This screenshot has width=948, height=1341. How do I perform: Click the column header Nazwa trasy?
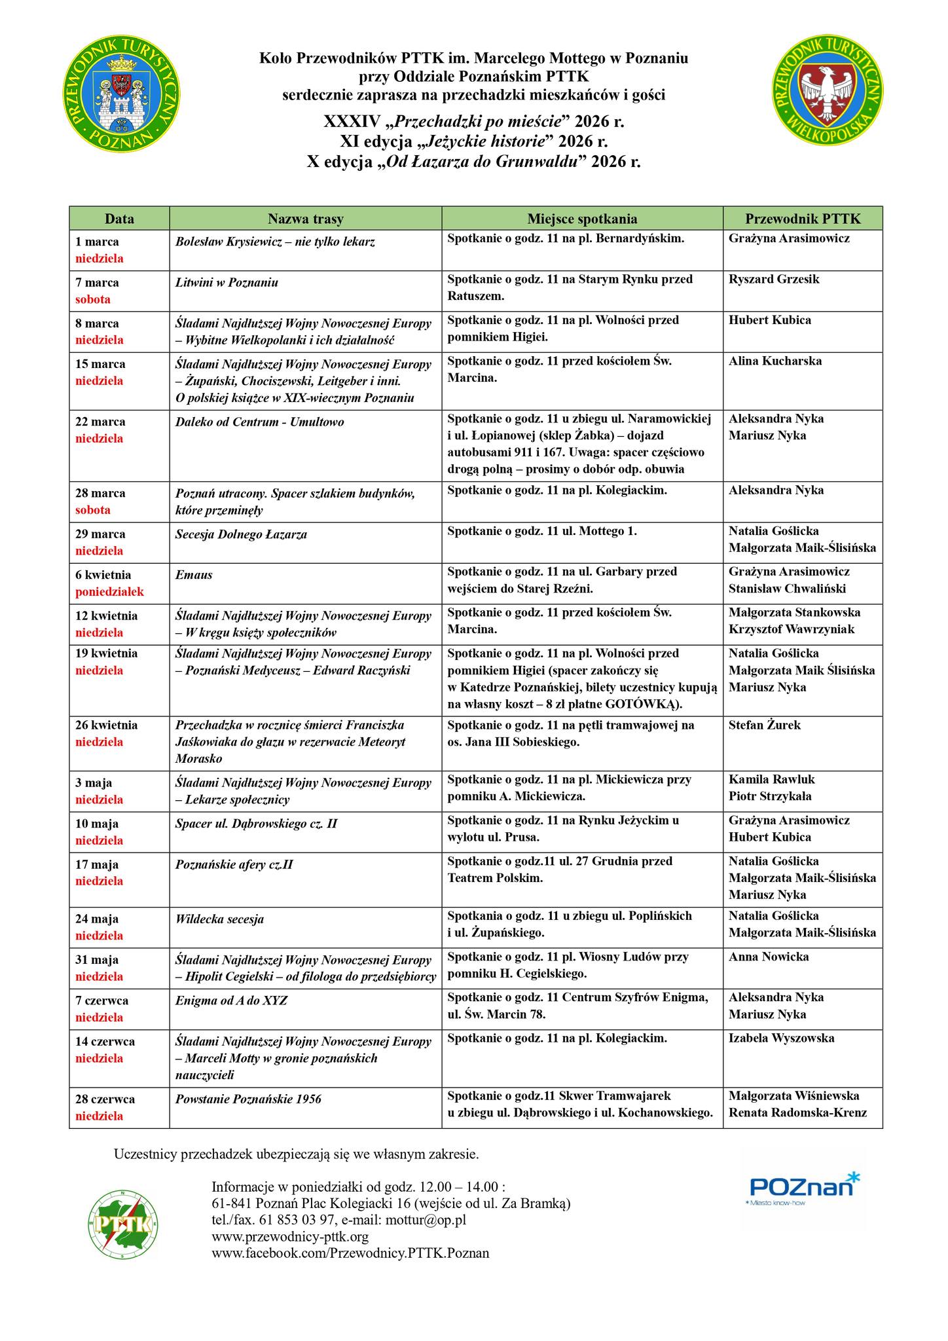click(305, 219)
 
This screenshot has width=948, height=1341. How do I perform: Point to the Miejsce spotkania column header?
click(582, 219)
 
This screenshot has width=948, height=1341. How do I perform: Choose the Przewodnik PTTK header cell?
click(803, 219)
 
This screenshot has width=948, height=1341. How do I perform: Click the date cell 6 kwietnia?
click(103, 576)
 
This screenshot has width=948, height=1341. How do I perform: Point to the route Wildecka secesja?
click(219, 919)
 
